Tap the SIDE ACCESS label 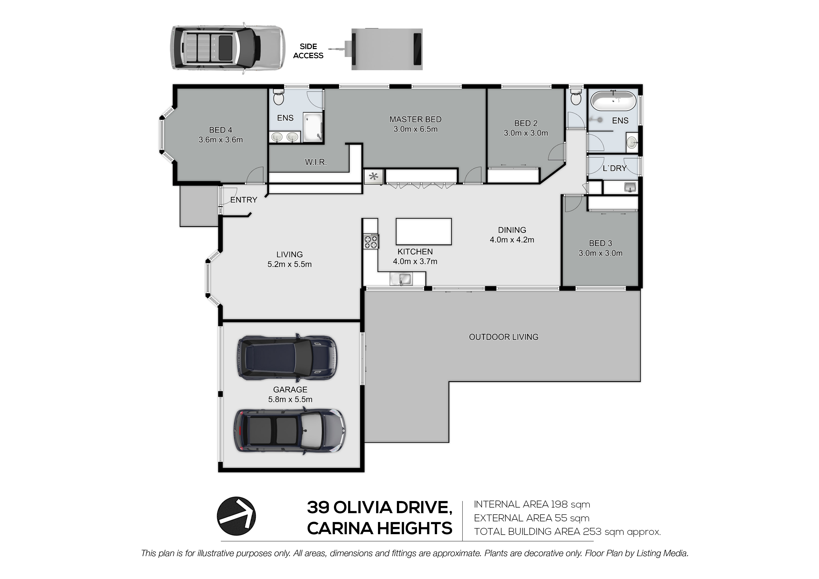point(308,51)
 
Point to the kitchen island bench point(424,232)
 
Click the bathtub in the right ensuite point(614,101)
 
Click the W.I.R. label point(316,162)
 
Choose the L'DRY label point(615,168)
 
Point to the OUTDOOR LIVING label point(503,337)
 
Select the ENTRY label point(244,200)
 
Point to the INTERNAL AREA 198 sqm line point(532,505)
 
